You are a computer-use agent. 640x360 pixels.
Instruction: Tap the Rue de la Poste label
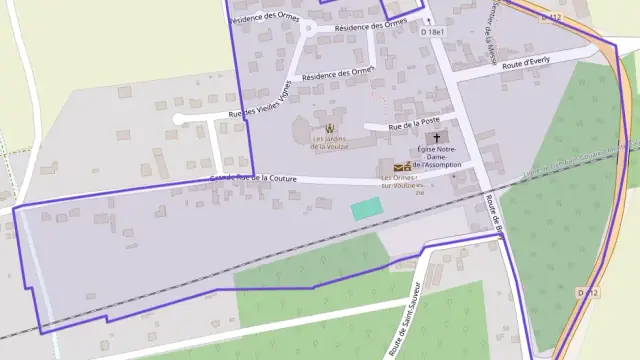tap(415, 124)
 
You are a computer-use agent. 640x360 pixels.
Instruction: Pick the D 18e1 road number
tap(432, 32)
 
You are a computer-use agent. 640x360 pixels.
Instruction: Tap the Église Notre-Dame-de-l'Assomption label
tap(437, 158)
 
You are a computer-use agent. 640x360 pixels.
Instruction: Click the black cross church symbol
tap(437, 136)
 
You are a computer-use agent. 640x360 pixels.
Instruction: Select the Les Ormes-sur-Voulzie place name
tap(403, 182)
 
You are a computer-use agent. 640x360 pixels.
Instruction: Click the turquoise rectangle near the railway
tap(367, 208)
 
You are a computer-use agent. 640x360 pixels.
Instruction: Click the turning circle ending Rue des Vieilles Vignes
tap(178, 119)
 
